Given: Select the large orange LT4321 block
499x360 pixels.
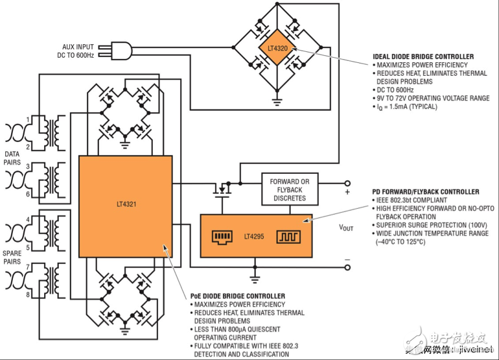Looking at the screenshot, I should pos(125,204).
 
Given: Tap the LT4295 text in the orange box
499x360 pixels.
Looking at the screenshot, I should pos(256,236).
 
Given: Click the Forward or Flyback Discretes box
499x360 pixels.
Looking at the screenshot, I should pos(289,189).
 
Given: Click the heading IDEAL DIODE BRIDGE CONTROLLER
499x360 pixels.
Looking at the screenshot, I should pos(423,57).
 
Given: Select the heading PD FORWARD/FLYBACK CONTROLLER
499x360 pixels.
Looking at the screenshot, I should pos(425,192).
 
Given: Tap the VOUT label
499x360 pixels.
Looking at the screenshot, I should pos(346,228).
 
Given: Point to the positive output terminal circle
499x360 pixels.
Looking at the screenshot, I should pos(347,184).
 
